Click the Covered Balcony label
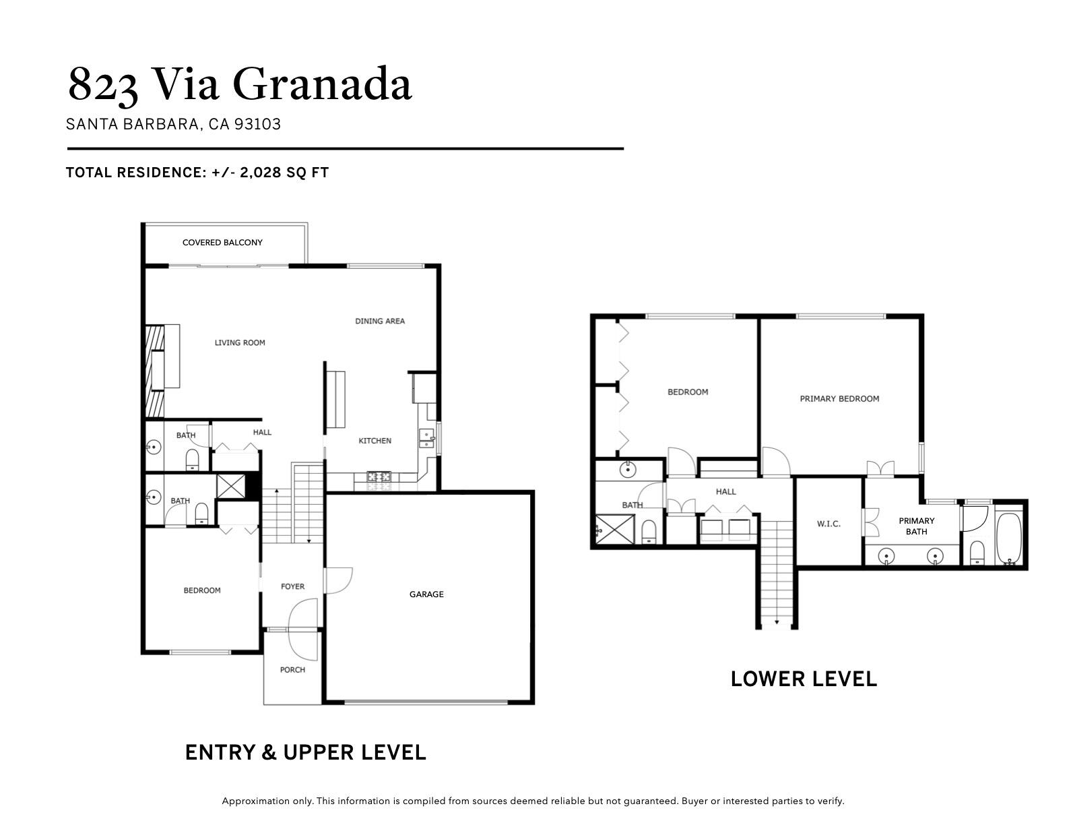coord(222,242)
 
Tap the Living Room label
coord(240,342)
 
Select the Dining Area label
coord(379,321)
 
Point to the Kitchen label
coord(375,441)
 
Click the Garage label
coord(426,594)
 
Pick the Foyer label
coord(292,586)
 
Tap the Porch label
coord(292,670)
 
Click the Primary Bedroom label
coord(839,398)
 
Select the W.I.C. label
coord(829,524)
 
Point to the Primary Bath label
coord(916,526)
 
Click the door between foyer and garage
coord(338,581)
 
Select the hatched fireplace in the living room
coord(155,371)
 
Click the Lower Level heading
coord(804,679)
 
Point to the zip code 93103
coord(258,124)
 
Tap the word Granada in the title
coord(321,84)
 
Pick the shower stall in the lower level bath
coord(615,529)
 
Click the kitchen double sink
coord(426,438)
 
